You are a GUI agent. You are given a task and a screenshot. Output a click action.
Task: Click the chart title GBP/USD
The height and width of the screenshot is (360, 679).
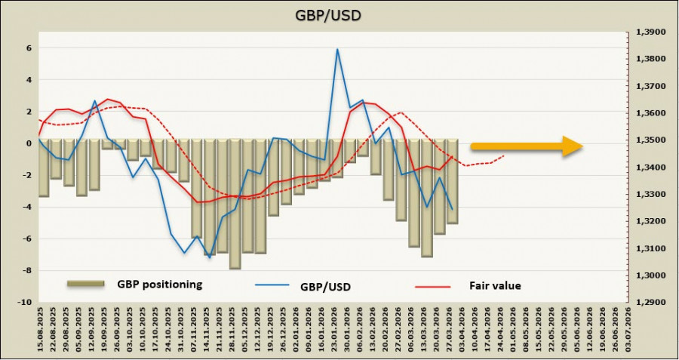pos(339,15)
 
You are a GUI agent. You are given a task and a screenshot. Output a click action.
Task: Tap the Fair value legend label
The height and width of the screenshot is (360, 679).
pos(495,285)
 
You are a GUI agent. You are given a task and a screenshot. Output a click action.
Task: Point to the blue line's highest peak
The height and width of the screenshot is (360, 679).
pos(337,49)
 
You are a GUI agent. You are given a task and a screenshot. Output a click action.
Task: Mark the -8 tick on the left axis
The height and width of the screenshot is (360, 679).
pos(28,271)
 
